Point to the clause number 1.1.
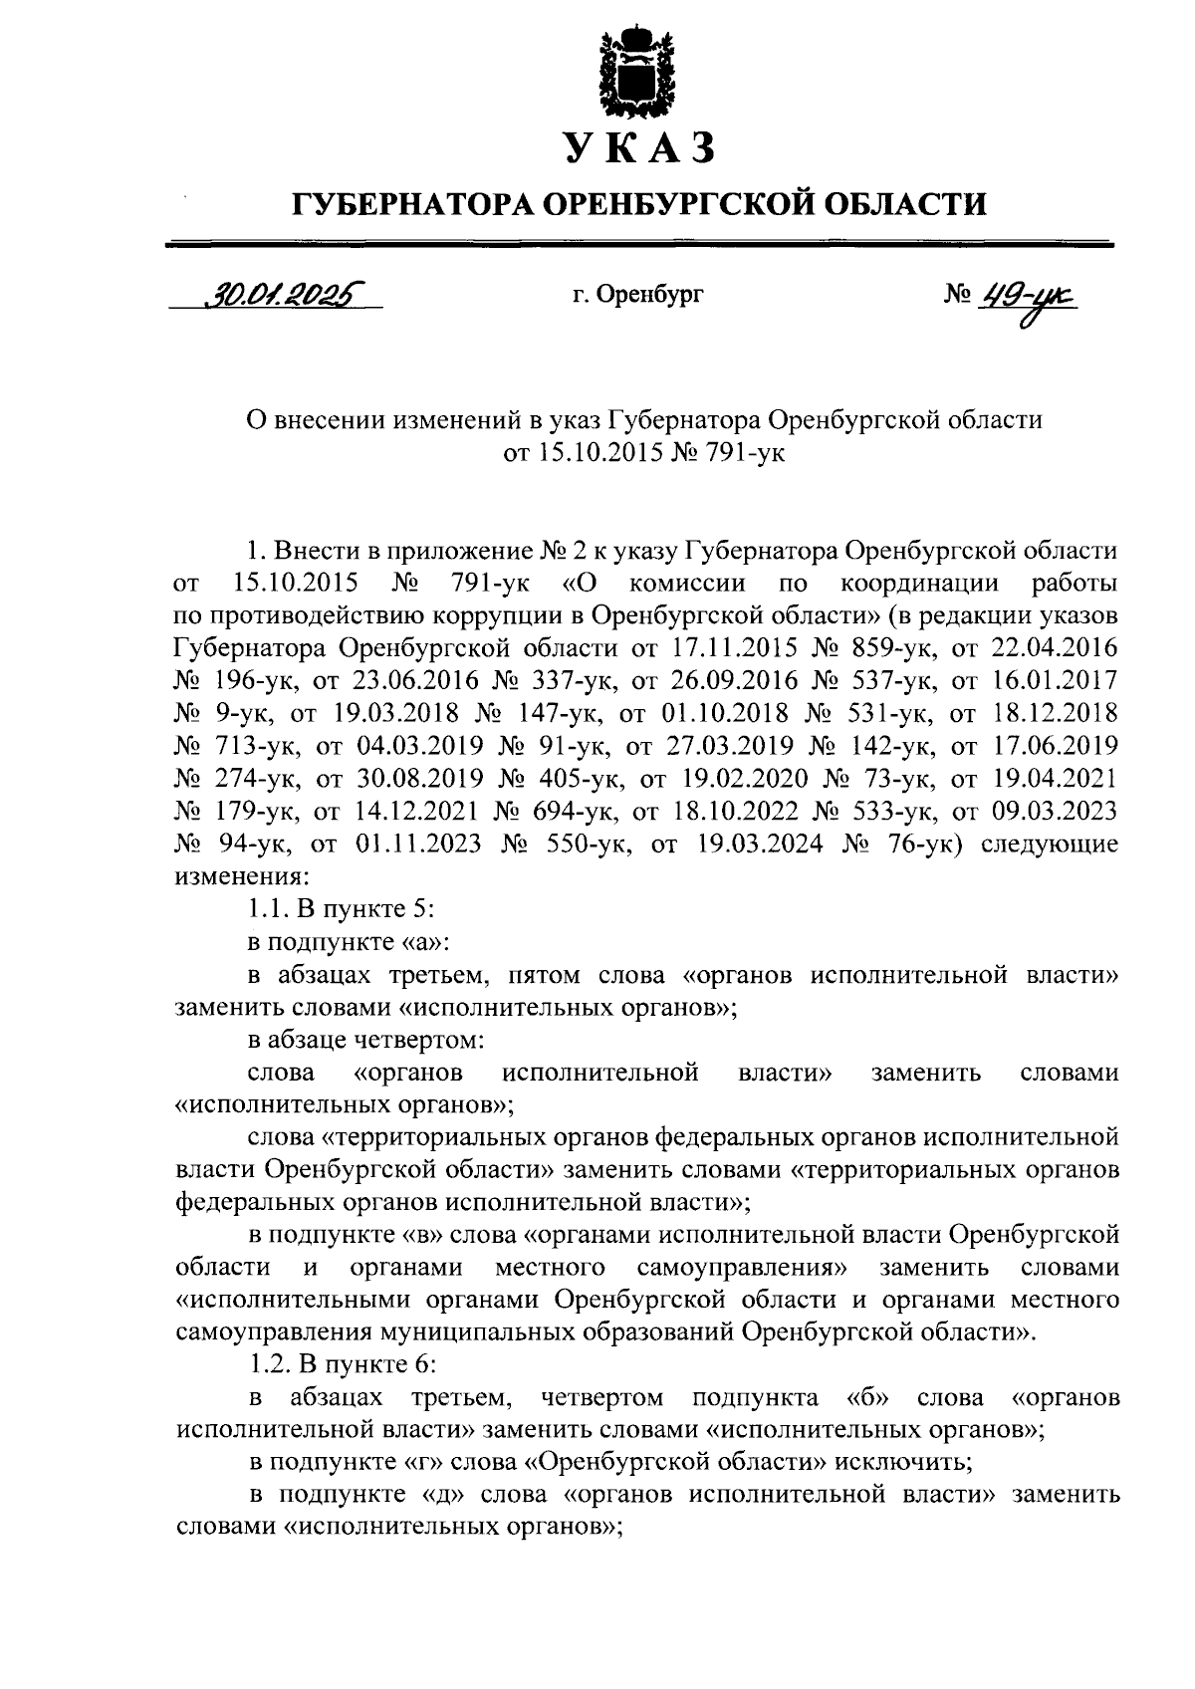(x=268, y=910)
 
